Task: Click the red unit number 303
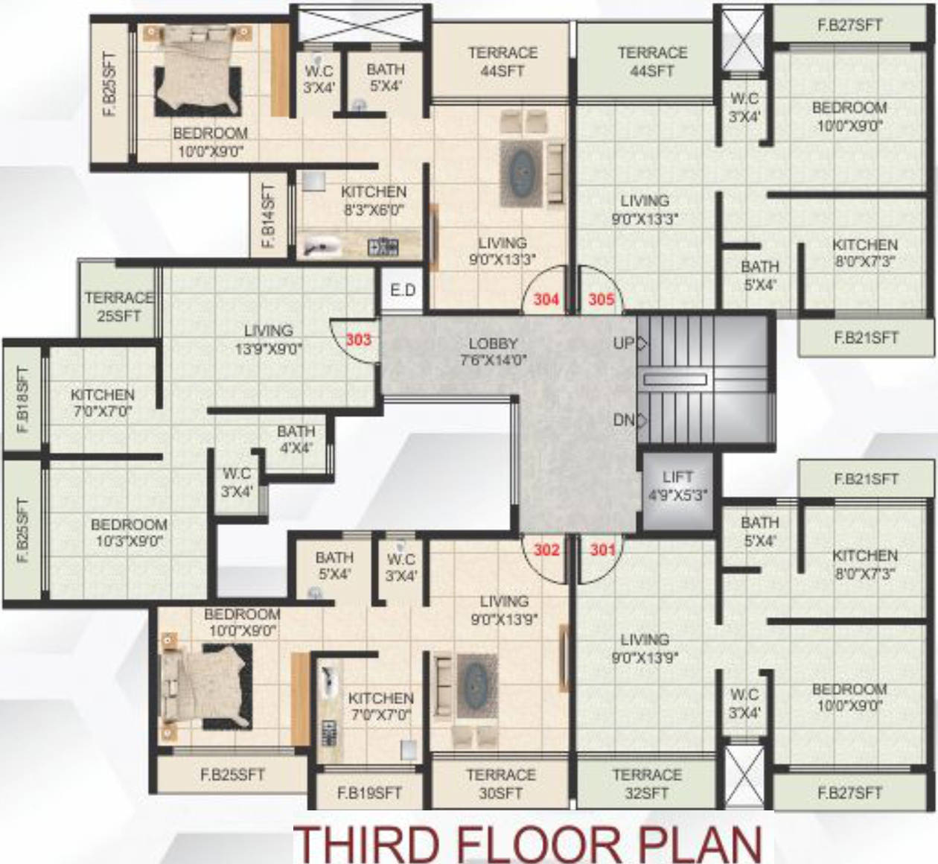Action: pos(358,340)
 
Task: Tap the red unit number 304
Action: pos(546,299)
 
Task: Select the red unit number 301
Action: pos(602,550)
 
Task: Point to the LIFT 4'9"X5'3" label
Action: pos(677,485)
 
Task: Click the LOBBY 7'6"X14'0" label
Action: pos(493,352)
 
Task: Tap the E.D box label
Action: pos(403,290)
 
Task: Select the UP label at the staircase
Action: pos(624,343)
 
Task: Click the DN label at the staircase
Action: pos(624,420)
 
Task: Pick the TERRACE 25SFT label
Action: pos(118,306)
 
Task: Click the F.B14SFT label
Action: pos(268,217)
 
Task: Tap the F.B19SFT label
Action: pos(369,793)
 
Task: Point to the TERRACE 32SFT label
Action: pos(646,784)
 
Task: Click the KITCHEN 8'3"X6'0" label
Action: pos(374,200)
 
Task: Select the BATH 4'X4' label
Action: pos(296,439)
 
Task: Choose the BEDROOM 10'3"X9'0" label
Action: pos(129,533)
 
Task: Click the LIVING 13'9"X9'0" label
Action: pos(268,339)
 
